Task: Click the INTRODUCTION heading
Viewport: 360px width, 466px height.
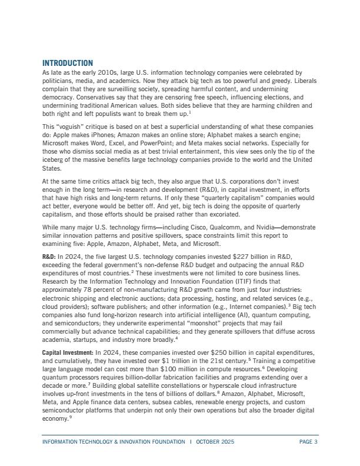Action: (68, 63)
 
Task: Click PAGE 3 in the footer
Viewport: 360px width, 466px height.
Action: (308, 441)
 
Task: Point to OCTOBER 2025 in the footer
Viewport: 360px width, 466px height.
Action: (215, 441)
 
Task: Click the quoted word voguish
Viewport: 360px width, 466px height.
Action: (72, 127)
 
